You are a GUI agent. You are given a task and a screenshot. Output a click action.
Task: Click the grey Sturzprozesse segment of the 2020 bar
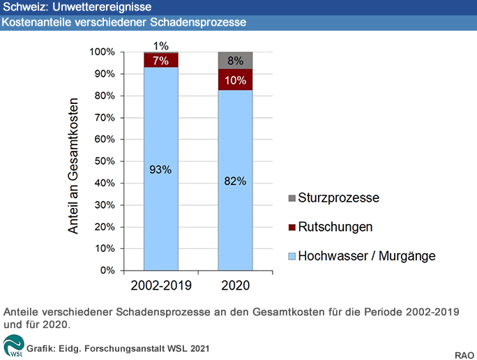(x=235, y=61)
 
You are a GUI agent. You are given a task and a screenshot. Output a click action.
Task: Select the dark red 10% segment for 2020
(x=235, y=80)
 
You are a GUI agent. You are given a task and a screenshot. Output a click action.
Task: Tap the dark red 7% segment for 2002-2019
(x=161, y=60)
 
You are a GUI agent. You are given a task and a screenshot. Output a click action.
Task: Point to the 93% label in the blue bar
(x=160, y=170)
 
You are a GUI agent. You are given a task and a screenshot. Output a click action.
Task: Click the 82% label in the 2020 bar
(x=235, y=181)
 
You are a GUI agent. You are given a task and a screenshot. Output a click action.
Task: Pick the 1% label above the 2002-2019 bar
(x=160, y=46)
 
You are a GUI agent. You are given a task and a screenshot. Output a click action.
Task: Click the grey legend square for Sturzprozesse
(x=291, y=198)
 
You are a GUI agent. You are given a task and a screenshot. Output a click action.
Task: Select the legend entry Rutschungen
(x=335, y=227)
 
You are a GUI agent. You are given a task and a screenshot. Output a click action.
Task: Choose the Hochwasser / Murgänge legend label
(x=367, y=256)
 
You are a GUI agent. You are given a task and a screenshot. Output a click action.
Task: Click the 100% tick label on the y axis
(x=103, y=52)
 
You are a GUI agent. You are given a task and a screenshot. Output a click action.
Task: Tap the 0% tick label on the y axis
(x=107, y=270)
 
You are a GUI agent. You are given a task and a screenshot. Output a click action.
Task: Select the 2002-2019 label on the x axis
(x=161, y=285)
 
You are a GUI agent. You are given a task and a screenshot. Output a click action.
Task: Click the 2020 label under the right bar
(x=236, y=285)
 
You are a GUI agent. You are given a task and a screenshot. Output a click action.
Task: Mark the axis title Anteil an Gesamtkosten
(x=73, y=166)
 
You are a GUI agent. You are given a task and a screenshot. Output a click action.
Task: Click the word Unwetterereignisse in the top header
(x=102, y=7)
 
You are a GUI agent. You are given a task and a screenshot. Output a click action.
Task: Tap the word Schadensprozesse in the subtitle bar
(x=198, y=22)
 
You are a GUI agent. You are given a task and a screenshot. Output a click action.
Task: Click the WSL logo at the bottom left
(x=13, y=345)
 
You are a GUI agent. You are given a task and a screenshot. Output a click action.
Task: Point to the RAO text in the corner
(x=464, y=355)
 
